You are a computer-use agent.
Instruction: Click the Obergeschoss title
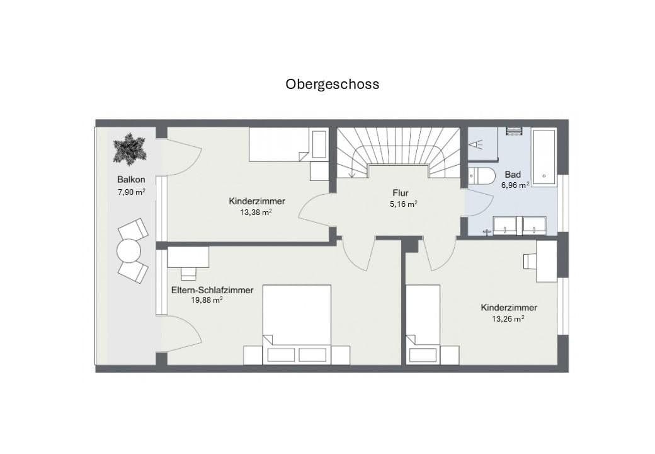pyautogui.click(x=333, y=84)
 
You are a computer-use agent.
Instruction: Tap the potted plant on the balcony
pyautogui.click(x=129, y=149)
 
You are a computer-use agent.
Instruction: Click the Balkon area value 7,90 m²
pyautogui.click(x=131, y=192)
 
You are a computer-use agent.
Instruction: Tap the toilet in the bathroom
pyautogui.click(x=479, y=176)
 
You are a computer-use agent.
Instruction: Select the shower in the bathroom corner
pyautogui.click(x=482, y=144)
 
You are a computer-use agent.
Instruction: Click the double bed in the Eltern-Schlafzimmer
pyautogui.click(x=297, y=323)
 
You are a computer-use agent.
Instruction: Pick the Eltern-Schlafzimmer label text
pyautogui.click(x=212, y=290)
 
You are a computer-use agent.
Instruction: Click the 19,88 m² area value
pyautogui.click(x=207, y=300)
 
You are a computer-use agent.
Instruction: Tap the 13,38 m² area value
pyautogui.click(x=256, y=212)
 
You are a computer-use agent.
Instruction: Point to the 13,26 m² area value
pyautogui.click(x=508, y=318)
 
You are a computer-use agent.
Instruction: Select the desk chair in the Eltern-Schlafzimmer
pyautogui.click(x=188, y=274)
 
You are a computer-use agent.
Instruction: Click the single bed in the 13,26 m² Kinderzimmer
pyautogui.click(x=423, y=323)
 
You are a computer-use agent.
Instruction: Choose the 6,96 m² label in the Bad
pyautogui.click(x=515, y=185)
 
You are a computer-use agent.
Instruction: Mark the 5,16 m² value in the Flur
pyautogui.click(x=404, y=204)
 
